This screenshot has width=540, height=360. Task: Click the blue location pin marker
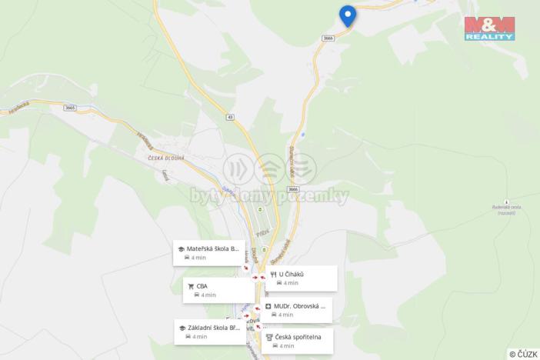click(x=347, y=15)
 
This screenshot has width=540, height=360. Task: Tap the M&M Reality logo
click(x=488, y=27)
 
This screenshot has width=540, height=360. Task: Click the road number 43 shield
click(x=230, y=118)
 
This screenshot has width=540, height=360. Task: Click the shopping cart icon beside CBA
click(x=190, y=286)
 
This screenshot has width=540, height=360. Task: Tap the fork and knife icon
click(x=273, y=274)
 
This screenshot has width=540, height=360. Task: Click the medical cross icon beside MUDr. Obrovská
click(x=268, y=305)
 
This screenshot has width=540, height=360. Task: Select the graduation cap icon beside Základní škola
click(x=181, y=328)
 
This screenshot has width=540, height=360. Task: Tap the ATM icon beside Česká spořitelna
click(x=268, y=337)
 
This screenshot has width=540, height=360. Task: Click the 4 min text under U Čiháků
click(x=290, y=283)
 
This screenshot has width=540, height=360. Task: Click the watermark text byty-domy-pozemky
click(x=269, y=196)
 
